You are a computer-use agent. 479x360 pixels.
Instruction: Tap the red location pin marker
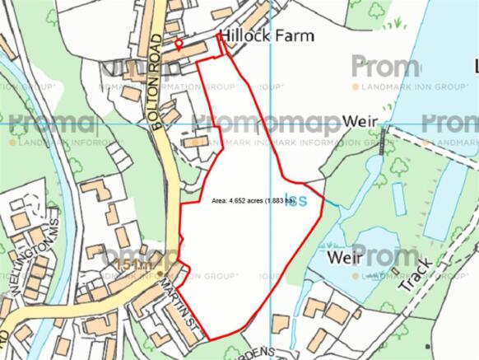click(179, 43)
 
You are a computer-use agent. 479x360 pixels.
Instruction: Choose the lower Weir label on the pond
click(345, 257)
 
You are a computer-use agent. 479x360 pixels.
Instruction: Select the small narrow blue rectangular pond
click(399, 199)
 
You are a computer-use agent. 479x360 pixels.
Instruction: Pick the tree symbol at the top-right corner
click(378, 11)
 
